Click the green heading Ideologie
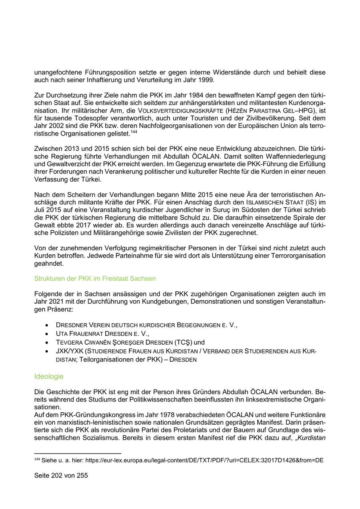coord(49,376)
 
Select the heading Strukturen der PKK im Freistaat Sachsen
coord(95,278)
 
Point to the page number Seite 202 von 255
coord(61,476)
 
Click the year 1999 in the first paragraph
coord(206,80)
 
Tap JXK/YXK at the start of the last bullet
coord(70,351)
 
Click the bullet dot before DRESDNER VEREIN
coord(48,325)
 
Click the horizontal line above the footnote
coord(78,453)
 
